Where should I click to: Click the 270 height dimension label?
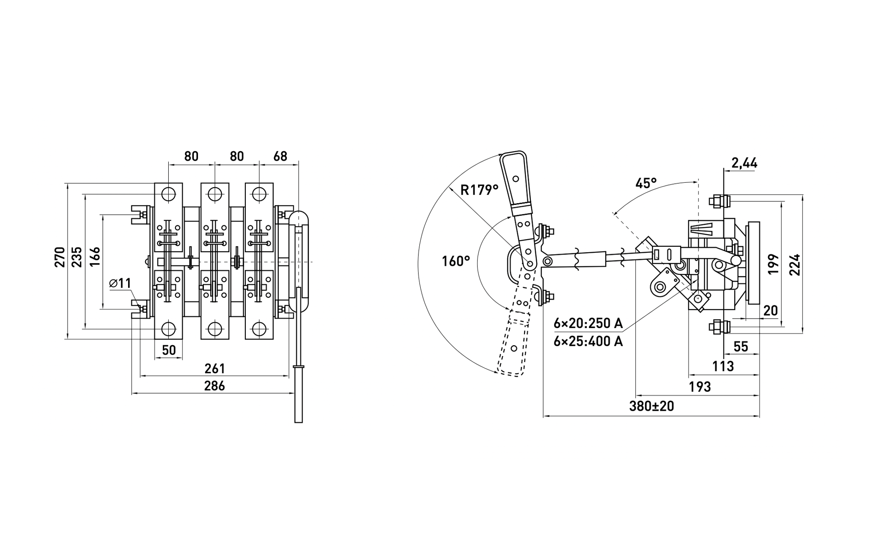tap(60, 257)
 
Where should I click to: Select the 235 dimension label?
tap(77, 257)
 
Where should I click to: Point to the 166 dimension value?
tap(94, 257)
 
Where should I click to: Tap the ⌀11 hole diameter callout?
tap(120, 283)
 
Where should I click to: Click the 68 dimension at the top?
tap(280, 156)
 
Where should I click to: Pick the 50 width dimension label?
tap(169, 350)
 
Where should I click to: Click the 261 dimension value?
tap(215, 369)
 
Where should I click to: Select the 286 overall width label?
tap(215, 386)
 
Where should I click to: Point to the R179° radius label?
tap(479, 190)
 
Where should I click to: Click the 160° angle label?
tap(456, 261)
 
